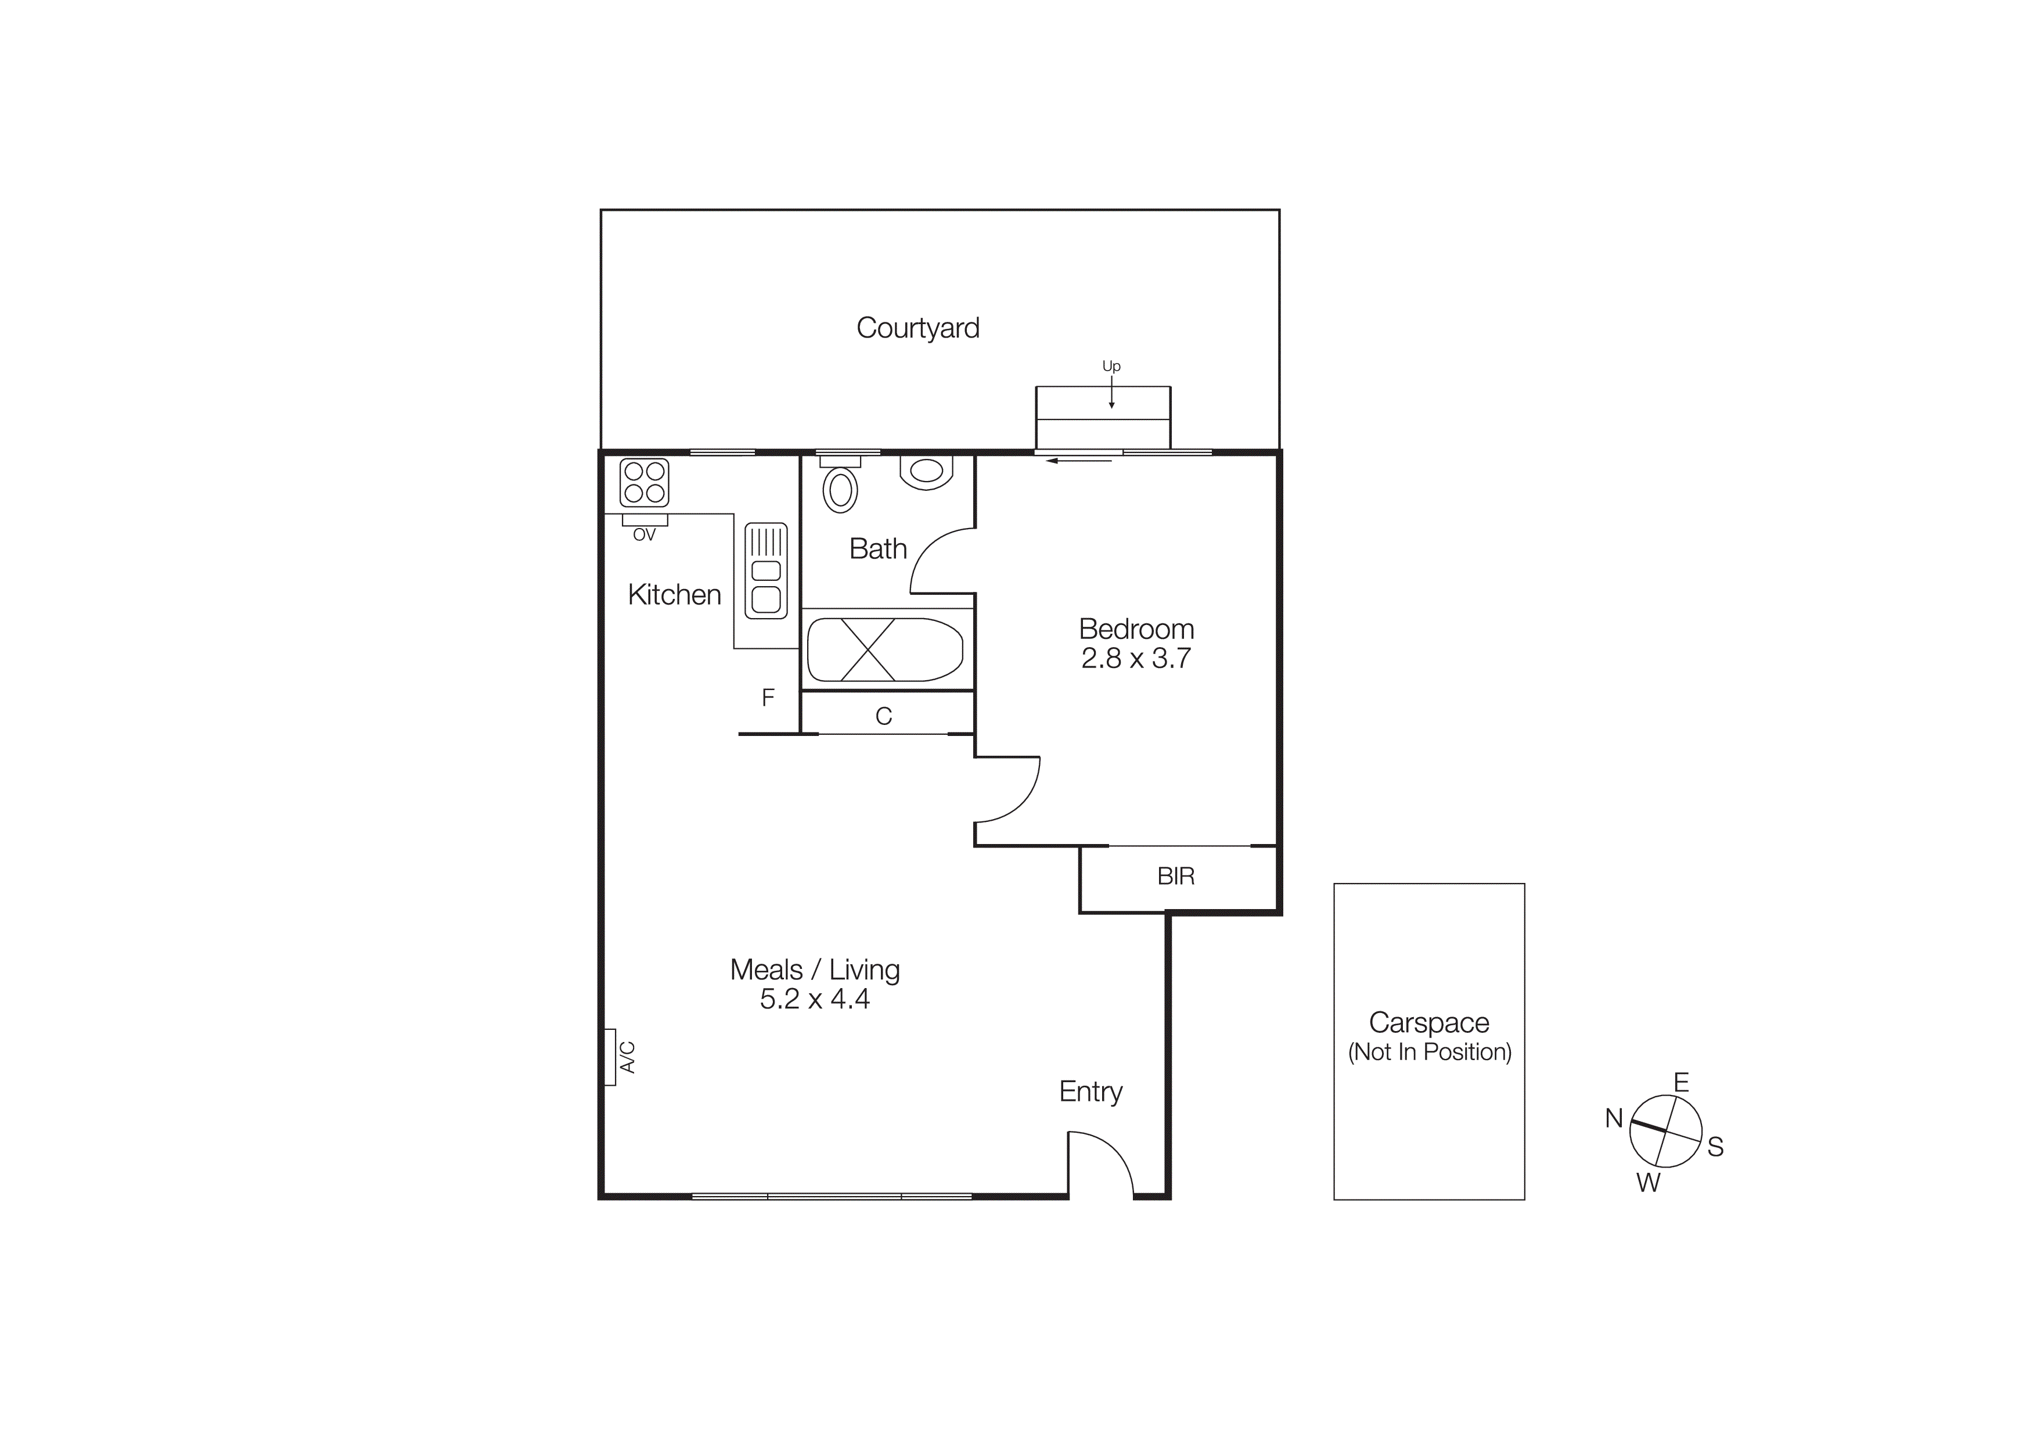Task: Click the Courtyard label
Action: [917, 328]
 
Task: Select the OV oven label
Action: [644, 535]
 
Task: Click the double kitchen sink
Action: [766, 570]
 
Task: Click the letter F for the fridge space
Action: [768, 698]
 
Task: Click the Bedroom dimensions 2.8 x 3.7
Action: [1136, 658]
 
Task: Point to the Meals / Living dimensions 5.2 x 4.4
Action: [815, 999]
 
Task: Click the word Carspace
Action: [1428, 1023]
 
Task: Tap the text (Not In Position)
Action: [1429, 1053]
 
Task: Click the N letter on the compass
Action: [1614, 1119]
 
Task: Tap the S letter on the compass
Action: [1715, 1147]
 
